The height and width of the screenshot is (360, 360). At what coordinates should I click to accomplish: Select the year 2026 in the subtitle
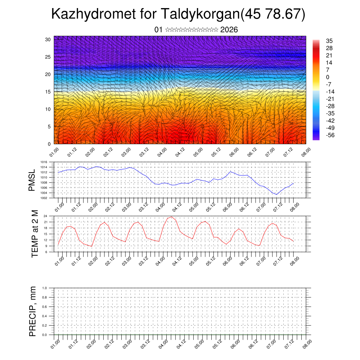[229, 30]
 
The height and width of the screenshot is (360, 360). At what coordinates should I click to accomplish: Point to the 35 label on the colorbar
[329, 41]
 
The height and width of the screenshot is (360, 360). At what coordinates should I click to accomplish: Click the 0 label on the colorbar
[328, 77]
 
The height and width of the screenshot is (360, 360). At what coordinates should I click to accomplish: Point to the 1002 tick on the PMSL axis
[44, 198]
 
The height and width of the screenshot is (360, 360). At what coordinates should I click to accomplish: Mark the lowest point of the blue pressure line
[276, 194]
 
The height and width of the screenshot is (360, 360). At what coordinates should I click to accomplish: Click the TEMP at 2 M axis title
[35, 233]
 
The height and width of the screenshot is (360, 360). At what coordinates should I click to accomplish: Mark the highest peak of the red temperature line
[171, 217]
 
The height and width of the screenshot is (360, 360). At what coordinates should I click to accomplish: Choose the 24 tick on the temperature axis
[46, 216]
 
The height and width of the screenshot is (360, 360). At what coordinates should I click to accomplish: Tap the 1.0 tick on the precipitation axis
[45, 288]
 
